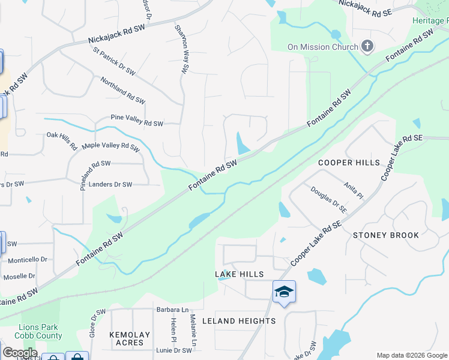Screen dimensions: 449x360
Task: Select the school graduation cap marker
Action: point(284,292)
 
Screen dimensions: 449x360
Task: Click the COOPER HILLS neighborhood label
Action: point(349,163)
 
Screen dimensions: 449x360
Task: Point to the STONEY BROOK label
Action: point(386,235)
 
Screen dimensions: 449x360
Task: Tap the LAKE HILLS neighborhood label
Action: point(239,274)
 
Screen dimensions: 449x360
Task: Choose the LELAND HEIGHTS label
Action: point(238,321)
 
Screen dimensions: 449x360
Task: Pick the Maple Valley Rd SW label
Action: point(110,146)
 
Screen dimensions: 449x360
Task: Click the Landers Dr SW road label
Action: point(110,185)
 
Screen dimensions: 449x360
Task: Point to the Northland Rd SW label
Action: point(122,90)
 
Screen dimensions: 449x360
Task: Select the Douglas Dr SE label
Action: point(328,200)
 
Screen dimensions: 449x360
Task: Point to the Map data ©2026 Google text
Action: point(411,355)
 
